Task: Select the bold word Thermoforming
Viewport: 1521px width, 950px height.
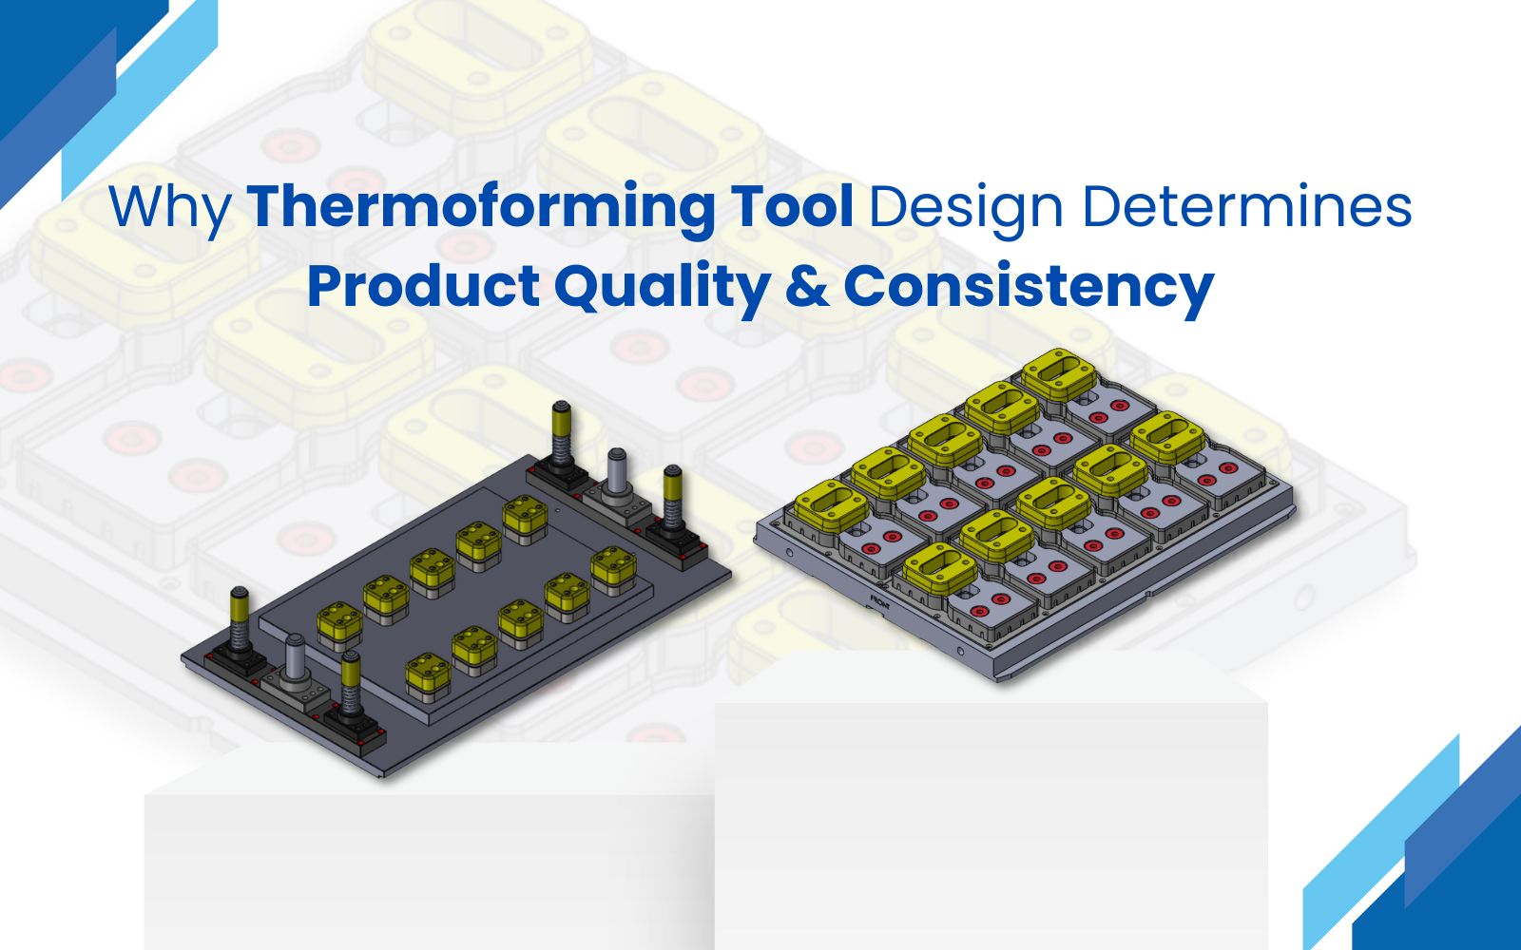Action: [x=480, y=206]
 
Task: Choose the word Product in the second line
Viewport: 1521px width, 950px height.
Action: [x=424, y=285]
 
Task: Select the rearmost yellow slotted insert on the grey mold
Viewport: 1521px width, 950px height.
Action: [x=1059, y=373]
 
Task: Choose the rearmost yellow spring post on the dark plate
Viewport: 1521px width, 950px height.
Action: [x=560, y=432]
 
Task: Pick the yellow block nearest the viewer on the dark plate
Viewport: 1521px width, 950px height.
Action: [x=429, y=675]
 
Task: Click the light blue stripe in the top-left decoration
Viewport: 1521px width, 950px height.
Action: [x=139, y=95]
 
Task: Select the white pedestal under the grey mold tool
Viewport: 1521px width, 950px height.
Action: [x=992, y=801]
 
